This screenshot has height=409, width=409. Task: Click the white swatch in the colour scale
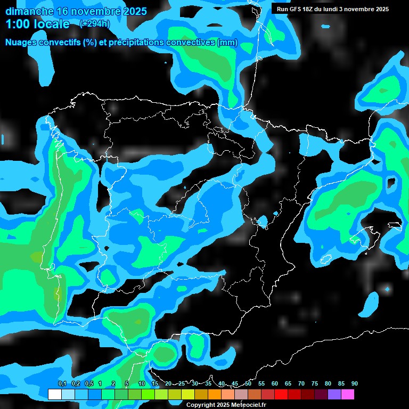(54, 394)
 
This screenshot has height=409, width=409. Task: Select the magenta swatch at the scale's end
(348, 394)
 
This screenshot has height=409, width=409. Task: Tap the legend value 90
(355, 384)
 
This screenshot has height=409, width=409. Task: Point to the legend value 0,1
(62, 384)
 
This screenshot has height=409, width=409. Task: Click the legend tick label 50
(248, 384)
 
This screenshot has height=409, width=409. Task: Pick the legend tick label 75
(315, 384)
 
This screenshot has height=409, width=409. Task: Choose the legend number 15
(155, 384)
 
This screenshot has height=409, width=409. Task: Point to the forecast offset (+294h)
(95, 24)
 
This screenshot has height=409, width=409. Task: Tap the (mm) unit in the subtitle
(227, 43)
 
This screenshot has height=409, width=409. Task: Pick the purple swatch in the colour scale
(334, 394)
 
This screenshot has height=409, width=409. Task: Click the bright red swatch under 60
(281, 394)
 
